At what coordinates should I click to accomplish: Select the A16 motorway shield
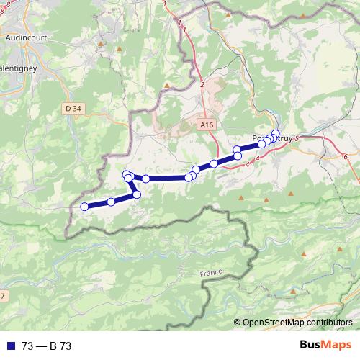point(207,125)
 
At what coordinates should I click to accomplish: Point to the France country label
point(212,274)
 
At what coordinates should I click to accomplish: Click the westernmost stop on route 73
point(84,207)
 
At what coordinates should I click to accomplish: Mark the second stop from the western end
point(111,202)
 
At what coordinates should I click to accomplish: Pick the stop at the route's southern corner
point(137,194)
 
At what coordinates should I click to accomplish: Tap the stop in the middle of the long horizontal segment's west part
point(146,179)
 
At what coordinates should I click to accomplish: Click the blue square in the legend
point(8,346)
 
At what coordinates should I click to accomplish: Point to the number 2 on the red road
point(202,85)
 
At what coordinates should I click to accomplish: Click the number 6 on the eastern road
point(346,156)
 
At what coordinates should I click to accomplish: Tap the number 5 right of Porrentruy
point(297,138)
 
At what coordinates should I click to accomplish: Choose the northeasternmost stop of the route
point(275,133)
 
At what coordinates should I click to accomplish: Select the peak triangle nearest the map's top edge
point(228,14)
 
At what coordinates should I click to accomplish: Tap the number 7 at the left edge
point(2,296)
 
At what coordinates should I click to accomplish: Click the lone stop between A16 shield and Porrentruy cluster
point(214,164)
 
